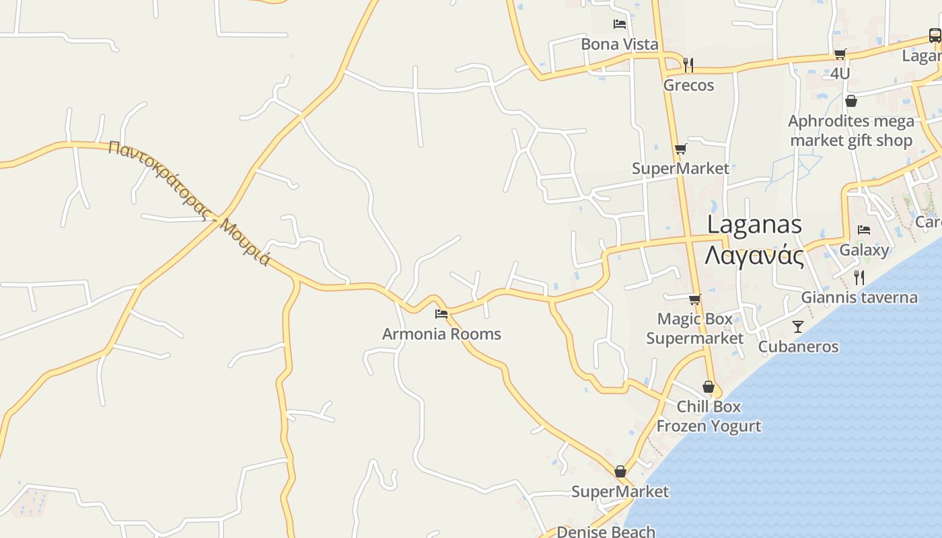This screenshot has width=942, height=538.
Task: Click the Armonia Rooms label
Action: [x=441, y=334]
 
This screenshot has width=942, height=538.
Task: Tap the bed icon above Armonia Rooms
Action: [x=441, y=313]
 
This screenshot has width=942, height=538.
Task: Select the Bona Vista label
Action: [x=620, y=44]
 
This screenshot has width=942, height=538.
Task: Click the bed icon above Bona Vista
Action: [x=620, y=24]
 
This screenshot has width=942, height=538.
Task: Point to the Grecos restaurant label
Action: [x=688, y=85]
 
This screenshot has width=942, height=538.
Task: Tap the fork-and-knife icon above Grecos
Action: [x=688, y=65]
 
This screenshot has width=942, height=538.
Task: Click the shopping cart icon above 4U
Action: [x=840, y=54]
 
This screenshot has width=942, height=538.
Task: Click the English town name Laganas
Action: [x=754, y=225]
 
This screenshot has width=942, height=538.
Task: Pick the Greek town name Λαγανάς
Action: [x=754, y=256]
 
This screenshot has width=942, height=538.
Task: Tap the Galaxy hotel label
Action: [x=864, y=250]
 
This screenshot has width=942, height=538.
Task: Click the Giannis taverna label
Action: [x=859, y=297]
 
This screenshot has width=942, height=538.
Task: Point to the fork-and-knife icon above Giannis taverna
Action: [x=859, y=277]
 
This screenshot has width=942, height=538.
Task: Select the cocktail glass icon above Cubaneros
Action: [x=798, y=327]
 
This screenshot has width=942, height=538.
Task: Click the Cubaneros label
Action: [x=798, y=347]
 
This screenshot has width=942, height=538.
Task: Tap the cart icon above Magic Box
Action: [x=694, y=299]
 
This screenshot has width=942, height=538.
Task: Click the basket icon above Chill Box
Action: [x=708, y=387]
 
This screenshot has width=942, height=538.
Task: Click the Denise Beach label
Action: [x=606, y=532]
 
